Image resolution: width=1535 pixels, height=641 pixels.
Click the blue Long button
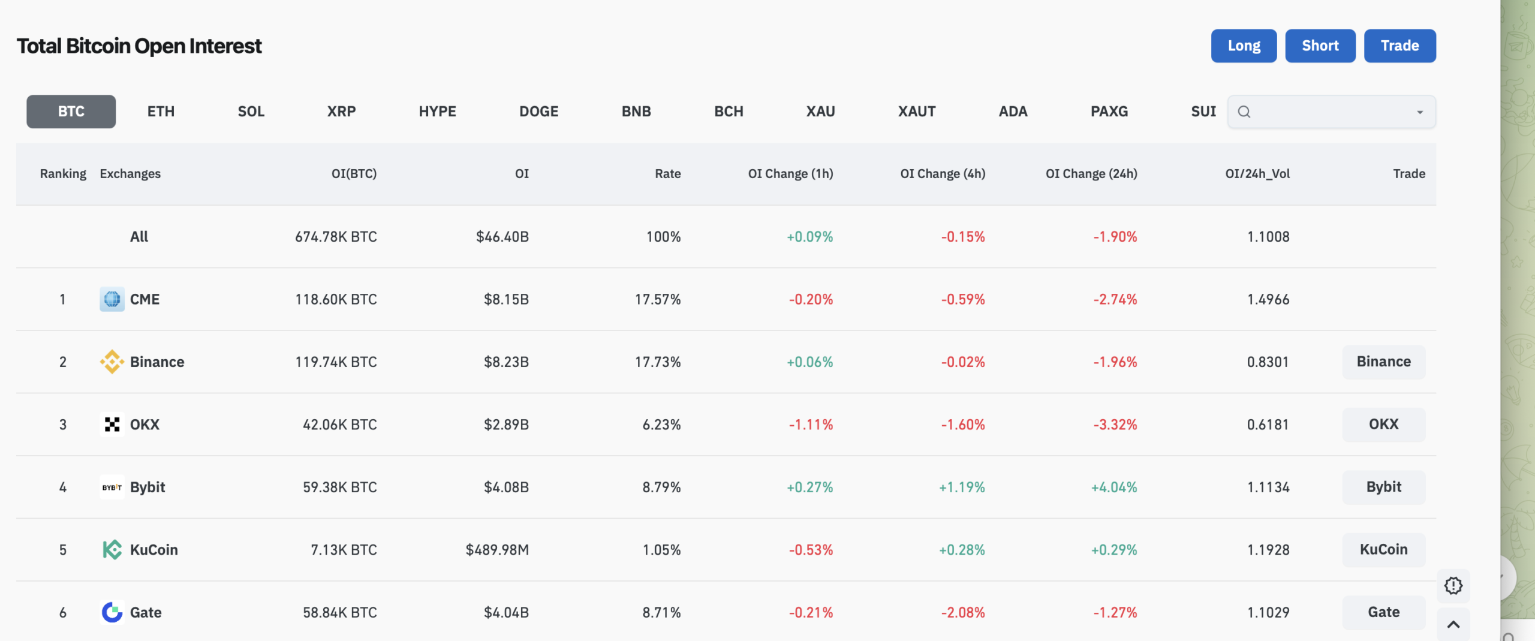click(1244, 46)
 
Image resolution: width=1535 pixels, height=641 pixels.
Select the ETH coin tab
click(161, 112)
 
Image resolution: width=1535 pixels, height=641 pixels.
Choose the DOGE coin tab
click(538, 112)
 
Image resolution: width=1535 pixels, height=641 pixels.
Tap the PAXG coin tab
click(1109, 112)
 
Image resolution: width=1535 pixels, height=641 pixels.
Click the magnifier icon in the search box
click(1244, 112)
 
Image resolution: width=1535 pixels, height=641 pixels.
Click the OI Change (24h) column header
click(1091, 174)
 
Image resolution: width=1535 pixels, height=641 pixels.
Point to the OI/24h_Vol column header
click(1257, 174)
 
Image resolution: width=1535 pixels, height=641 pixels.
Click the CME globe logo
click(112, 299)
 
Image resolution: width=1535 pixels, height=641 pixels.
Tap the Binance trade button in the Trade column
click(1383, 362)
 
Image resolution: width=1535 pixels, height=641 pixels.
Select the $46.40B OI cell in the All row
click(502, 237)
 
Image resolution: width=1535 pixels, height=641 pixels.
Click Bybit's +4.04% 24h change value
click(1114, 487)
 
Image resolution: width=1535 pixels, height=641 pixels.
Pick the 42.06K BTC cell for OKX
click(339, 425)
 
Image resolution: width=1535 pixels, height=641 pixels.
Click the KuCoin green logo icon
click(112, 550)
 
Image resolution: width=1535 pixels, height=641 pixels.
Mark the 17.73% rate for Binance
click(658, 362)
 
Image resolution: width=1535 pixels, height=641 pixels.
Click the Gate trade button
click(1383, 612)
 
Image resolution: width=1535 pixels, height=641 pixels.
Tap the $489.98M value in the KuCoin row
click(497, 550)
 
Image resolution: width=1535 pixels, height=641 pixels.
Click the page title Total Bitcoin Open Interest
click(139, 46)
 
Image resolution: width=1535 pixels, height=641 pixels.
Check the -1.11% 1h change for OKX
click(811, 425)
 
